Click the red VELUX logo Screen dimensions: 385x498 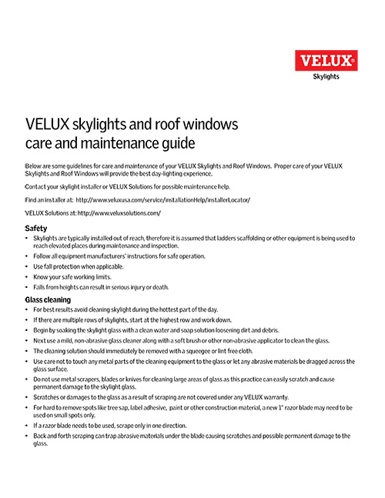(x=326, y=59)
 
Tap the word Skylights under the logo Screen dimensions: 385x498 (x=326, y=75)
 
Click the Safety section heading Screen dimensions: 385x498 (x=36, y=229)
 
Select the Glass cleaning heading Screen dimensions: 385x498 (x=49, y=299)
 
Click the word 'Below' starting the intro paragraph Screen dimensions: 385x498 (x=35, y=166)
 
